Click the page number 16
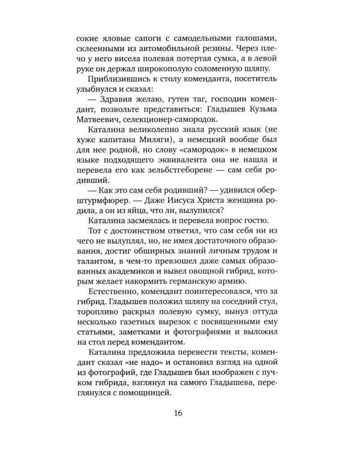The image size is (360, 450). tap(179, 413)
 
